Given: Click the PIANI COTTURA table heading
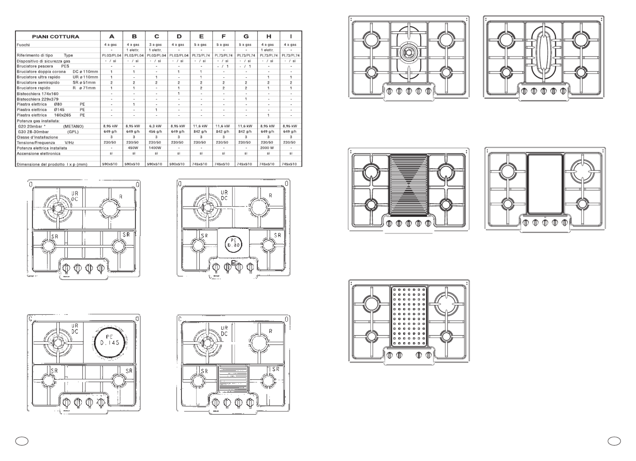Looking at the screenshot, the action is [55, 37].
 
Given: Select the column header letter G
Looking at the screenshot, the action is [246, 36].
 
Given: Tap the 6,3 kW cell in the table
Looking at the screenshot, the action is [156, 126].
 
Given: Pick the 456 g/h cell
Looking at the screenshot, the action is [156, 132].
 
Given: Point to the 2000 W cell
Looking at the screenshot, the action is [267, 148].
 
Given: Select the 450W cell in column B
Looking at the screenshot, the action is [133, 148].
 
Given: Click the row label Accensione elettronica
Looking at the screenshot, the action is [39, 154].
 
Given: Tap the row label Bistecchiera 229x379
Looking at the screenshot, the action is [37, 99].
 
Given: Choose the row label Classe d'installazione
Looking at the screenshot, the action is [37, 137].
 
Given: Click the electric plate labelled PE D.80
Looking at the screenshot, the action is [233, 243].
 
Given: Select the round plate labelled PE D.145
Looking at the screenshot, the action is [110, 343].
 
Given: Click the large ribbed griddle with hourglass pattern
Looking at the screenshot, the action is [409, 186].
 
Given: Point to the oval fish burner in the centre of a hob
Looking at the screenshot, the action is [543, 55].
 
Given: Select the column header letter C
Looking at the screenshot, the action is [157, 36].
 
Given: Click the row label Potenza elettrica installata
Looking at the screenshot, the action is [42, 148].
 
